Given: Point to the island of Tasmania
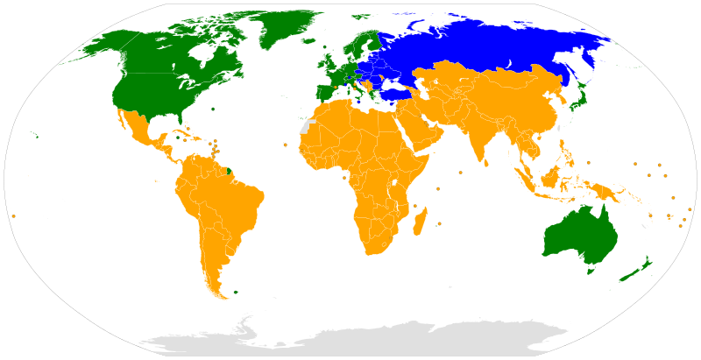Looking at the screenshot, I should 591,270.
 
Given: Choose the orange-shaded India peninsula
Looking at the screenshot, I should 481,140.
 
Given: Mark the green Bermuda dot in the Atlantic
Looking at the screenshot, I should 213,109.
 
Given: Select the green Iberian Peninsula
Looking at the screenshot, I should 326,91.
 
